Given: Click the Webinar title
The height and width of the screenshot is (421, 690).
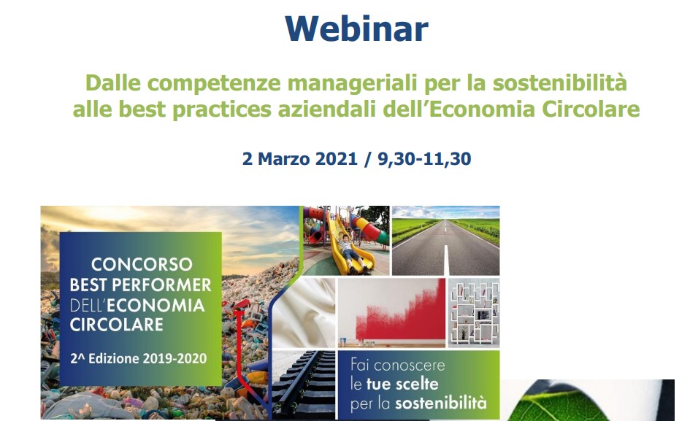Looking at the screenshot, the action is [x=356, y=28].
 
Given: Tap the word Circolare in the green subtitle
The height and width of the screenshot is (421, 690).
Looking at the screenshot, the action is [x=591, y=109].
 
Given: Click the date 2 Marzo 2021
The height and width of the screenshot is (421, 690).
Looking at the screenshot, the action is [x=299, y=159].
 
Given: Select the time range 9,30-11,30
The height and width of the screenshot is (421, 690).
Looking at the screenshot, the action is [x=424, y=159].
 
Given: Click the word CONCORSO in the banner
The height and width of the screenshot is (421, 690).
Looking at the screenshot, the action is [x=142, y=264].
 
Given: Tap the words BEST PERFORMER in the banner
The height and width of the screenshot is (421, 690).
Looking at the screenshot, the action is [x=140, y=285].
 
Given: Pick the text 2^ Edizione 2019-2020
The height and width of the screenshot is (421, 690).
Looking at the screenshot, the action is [x=139, y=358].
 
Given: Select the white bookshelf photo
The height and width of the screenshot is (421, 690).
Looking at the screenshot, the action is [x=474, y=313].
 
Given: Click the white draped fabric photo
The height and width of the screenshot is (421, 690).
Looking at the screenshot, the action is [x=304, y=313].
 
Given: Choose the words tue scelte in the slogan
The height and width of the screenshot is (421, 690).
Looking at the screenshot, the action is [x=402, y=384].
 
